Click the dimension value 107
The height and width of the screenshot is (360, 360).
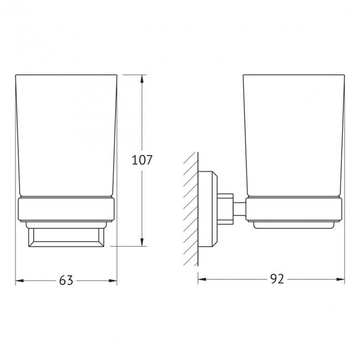point(141,161)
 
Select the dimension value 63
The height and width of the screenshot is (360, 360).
point(66,281)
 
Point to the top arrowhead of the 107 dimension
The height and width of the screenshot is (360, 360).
point(143,79)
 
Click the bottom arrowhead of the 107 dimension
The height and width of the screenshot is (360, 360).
point(143,242)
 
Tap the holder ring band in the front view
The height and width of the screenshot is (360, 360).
point(66,209)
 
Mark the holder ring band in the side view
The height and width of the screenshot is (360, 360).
point(294,209)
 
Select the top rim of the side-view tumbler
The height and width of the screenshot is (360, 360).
point(294,75)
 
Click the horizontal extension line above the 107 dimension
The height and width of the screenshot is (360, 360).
point(133,75)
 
